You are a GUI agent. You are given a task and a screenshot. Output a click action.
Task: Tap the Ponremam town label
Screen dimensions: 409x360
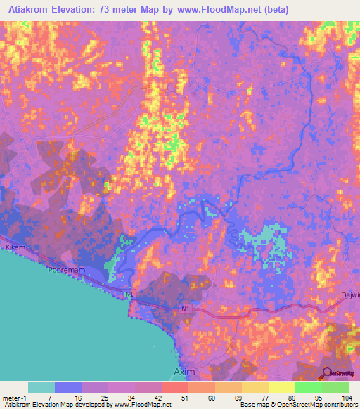(65, 269)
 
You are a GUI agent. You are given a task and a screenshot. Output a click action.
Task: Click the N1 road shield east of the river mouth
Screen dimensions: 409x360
(184, 308)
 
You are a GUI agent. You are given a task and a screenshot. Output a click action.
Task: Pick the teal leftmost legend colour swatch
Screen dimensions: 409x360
(41, 387)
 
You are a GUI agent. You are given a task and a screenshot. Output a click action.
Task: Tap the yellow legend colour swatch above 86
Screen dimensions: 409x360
(281, 387)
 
